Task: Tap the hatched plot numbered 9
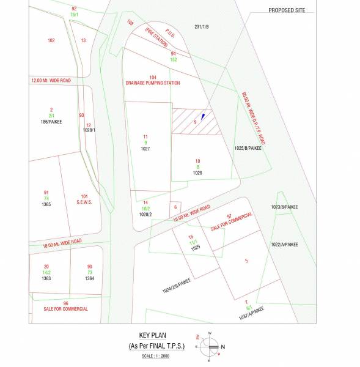point(195,122)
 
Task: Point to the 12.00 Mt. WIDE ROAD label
point(51,80)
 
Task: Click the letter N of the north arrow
point(222,347)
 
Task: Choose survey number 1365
point(46,204)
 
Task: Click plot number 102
point(51,40)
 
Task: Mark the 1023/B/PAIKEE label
point(285,207)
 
